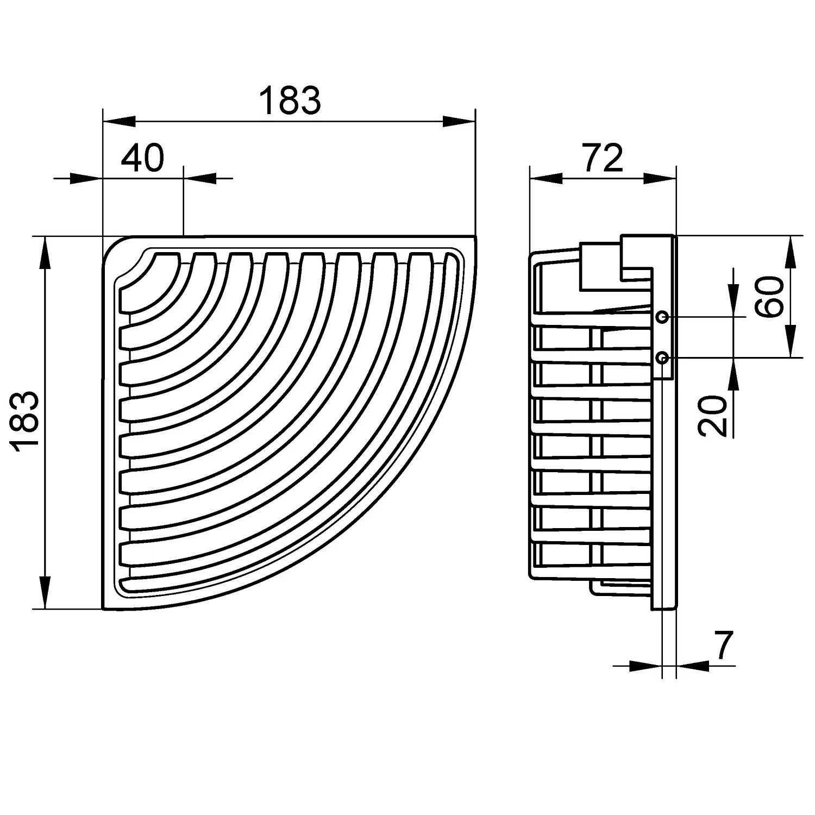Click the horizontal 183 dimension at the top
coord(290,101)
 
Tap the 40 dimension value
coord(142,158)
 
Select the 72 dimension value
coord(603,158)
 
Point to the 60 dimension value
coord(768,297)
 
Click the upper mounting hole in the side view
coord(662,316)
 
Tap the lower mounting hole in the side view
coord(662,358)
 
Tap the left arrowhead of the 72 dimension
coord(546,178)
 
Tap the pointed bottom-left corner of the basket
coord(103,609)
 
